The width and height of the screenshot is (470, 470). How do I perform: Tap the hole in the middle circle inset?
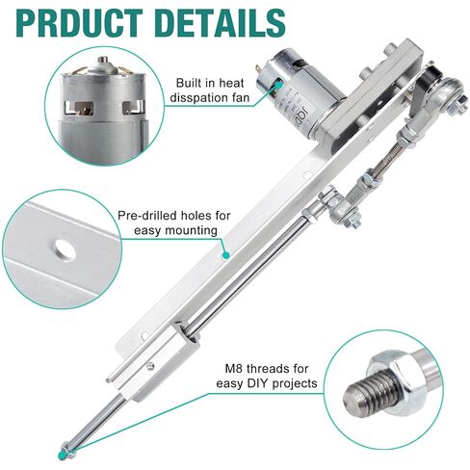(65, 248)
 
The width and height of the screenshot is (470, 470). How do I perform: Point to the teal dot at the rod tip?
(64, 448)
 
